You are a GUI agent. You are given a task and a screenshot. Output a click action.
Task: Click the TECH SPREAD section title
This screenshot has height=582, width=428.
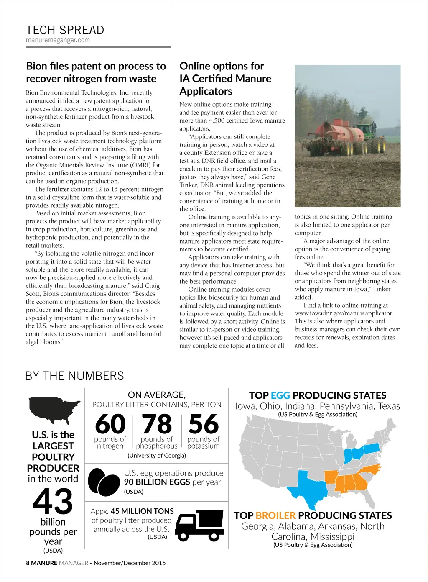click(x=65, y=30)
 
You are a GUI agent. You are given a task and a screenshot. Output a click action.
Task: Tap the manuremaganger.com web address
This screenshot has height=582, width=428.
click(x=58, y=40)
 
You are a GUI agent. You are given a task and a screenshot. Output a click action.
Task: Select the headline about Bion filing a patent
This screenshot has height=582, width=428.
click(x=96, y=72)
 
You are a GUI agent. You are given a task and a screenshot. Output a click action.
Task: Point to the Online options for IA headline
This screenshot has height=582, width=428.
click(x=225, y=78)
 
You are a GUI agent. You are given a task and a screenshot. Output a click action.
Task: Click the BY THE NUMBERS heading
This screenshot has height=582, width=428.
click(x=74, y=376)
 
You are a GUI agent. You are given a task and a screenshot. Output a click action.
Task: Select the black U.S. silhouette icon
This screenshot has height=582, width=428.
click(x=53, y=409)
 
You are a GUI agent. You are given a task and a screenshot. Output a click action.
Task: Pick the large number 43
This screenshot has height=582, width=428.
click(x=53, y=501)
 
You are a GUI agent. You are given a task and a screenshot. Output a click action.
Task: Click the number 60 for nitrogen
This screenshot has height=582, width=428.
click(x=110, y=424)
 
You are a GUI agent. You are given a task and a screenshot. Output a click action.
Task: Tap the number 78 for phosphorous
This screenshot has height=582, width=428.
click(x=157, y=424)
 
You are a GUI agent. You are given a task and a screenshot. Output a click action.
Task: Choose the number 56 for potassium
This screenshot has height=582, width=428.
click(x=204, y=424)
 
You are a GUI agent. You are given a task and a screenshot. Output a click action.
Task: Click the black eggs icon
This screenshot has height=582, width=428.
click(x=104, y=482)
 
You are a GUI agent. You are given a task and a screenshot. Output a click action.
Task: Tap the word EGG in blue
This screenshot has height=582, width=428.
click(x=280, y=395)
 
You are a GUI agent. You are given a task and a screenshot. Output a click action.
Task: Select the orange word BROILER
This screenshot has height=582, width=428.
click(x=275, y=515)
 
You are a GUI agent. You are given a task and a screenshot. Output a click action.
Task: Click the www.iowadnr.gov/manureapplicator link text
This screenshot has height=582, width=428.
click(x=344, y=313)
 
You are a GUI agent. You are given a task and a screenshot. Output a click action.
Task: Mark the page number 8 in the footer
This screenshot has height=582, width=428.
click(x=28, y=563)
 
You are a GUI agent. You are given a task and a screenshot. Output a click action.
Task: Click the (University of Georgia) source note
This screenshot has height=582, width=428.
click(x=157, y=455)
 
